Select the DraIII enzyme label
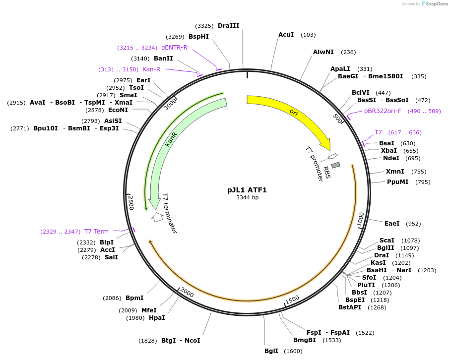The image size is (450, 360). point(228,26)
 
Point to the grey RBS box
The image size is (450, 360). point(336,165)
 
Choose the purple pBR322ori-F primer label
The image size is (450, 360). point(383,111)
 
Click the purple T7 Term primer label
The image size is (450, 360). point(96,231)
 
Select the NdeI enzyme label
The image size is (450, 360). point(391,158)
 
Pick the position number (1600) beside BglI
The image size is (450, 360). point(293,351)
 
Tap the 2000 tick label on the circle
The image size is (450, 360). point(187,293)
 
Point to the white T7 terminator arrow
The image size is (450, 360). point(157,217)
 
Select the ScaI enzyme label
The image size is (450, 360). point(387,240)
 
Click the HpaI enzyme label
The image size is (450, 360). point(157,318)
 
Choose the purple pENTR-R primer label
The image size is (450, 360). point(174,48)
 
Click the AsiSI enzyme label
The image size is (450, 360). point(113,120)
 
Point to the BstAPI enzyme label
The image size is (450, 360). point(350,307)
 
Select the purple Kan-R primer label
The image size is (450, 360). point(151,69)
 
